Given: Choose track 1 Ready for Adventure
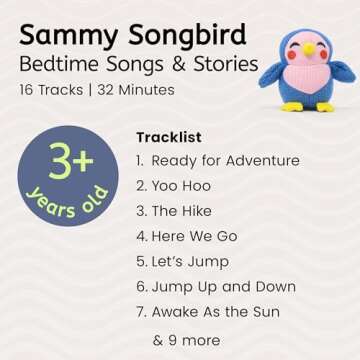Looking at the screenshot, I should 216,161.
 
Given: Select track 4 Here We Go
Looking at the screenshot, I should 185,236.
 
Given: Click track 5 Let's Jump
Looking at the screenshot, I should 181,261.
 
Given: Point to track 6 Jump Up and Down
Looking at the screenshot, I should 215,287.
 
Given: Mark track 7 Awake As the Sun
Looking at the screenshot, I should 213,312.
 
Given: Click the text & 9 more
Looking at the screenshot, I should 186,340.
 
